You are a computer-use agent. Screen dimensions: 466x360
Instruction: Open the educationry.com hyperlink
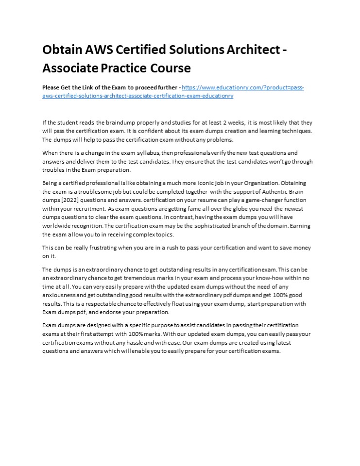coord(242,88)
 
